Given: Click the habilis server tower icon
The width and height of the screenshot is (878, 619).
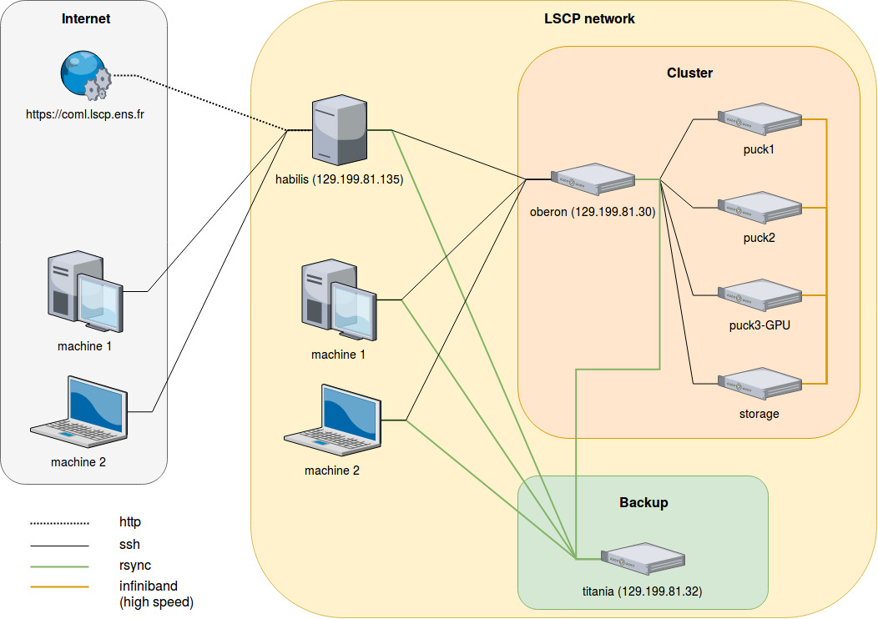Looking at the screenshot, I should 339,131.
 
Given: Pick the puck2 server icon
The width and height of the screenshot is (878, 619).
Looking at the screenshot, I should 759,208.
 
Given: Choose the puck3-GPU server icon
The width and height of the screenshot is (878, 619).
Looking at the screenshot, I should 759,295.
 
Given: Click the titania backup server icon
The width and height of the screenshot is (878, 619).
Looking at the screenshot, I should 643,561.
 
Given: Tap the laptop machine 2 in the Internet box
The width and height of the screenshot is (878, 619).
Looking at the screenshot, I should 79,408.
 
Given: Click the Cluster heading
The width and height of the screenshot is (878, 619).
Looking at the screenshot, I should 689,73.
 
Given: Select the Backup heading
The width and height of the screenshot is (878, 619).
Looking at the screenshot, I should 643,503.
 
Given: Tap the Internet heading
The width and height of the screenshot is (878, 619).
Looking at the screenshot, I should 86,19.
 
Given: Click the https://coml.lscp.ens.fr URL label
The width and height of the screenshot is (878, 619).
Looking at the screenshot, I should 85,114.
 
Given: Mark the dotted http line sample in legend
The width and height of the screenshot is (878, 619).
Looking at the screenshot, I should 59,523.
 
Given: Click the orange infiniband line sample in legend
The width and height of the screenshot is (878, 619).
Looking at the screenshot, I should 59,586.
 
